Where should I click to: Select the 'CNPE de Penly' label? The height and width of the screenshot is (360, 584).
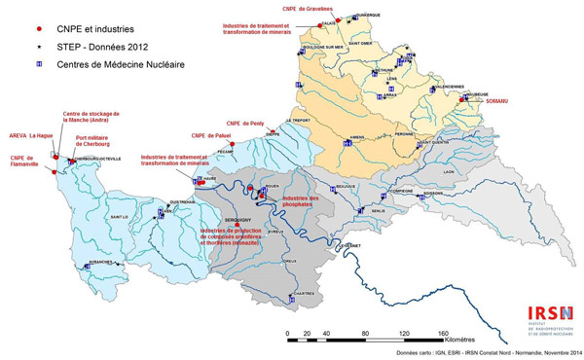click(x=247, y=124)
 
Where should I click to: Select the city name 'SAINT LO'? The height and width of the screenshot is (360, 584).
click(x=119, y=216)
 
